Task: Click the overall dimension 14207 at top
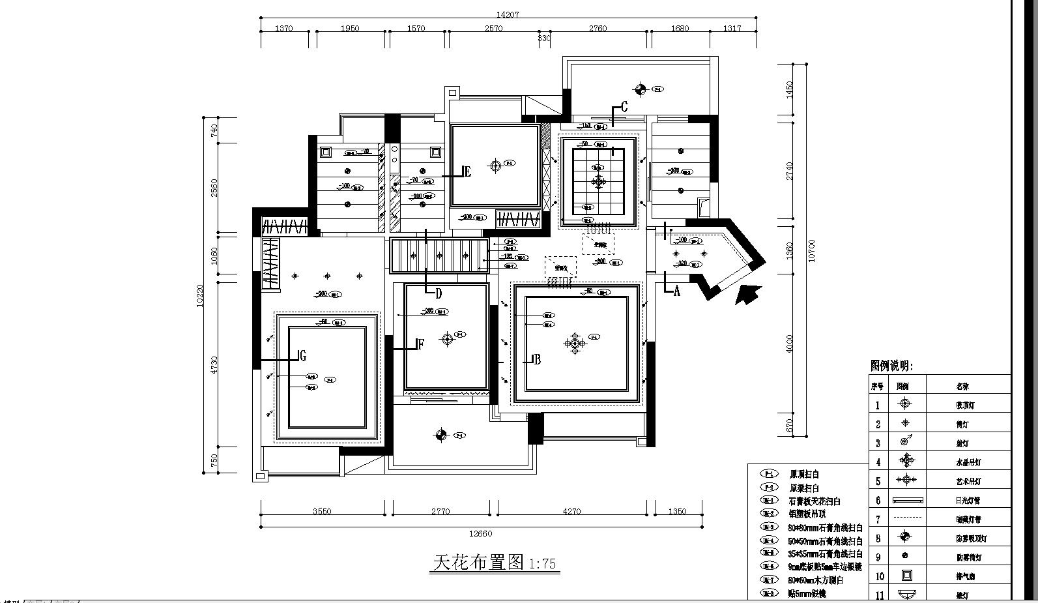pos(508,14)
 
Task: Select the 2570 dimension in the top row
pos(493,28)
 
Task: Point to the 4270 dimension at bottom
pos(571,511)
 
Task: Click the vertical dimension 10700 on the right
pos(811,251)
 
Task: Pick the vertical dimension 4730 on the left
pos(214,364)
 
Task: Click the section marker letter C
pos(624,106)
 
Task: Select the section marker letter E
pos(467,172)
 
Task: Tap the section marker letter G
pos(302,355)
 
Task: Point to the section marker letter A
pos(676,291)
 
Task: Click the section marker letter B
pos(538,359)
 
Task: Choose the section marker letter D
pos(439,293)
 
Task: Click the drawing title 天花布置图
pos(478,562)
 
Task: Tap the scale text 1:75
pos(543,564)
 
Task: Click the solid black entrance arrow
pos(748,295)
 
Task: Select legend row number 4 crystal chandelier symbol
pos(906,461)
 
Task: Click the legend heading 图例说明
pos(891,366)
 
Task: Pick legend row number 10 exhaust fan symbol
pos(906,576)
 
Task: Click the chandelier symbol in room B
pos(575,343)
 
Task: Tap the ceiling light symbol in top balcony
pos(641,89)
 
